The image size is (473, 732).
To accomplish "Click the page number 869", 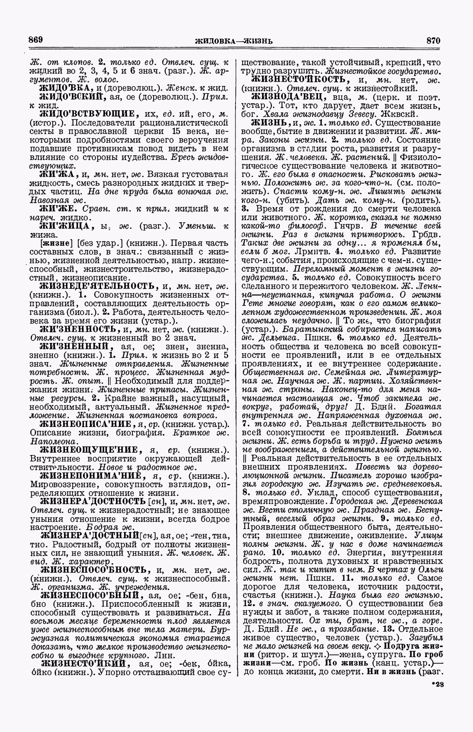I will pos(35,39).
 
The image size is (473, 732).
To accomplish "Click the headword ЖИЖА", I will pos(58,174).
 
